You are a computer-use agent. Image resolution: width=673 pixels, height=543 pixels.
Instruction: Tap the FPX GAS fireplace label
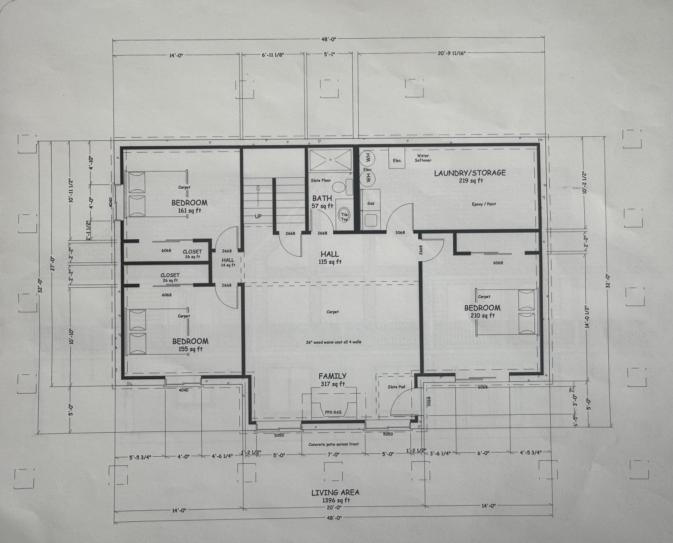pos(333,412)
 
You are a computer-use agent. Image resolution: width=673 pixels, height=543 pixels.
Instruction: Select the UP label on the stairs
pos(258,216)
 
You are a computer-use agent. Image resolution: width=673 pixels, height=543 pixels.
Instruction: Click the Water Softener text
pos(423,158)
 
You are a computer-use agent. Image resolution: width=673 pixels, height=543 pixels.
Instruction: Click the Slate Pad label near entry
pos(396,387)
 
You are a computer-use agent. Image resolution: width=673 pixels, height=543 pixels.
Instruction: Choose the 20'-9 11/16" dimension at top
pos(452,53)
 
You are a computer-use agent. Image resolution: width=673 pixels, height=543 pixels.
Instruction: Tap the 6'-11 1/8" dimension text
pos(273,55)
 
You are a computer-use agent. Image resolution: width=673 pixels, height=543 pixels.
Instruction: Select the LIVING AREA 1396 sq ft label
pos(335,496)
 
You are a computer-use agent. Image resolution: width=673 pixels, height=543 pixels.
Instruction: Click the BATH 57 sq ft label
pos(322,202)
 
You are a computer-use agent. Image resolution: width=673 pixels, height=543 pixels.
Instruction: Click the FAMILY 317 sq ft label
pos(332,379)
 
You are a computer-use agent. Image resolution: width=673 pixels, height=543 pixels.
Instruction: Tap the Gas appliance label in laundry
pos(371,203)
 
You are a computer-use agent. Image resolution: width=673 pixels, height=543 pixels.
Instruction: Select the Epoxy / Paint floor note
pos(484,204)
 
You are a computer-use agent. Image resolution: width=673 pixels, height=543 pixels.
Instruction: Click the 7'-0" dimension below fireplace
pos(333,454)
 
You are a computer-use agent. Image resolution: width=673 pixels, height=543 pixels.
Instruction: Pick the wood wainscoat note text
pos(333,342)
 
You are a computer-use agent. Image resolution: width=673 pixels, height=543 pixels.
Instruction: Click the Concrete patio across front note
pos(333,444)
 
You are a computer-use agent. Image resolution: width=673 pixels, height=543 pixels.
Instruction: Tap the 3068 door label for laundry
pos(400,232)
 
